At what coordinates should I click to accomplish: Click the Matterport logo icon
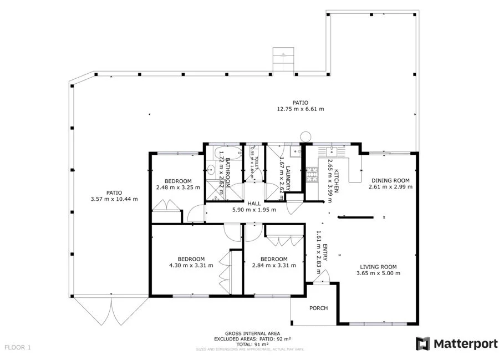[x=423, y=343]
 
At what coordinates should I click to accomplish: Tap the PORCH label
[x=318, y=308]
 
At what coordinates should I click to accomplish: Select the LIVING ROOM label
[x=379, y=266]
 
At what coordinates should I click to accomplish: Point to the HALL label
[x=254, y=204]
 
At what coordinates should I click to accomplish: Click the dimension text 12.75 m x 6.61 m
[x=301, y=109]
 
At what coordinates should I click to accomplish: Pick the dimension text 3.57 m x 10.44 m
[x=114, y=199]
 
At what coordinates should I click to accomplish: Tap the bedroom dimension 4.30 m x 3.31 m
[x=191, y=266]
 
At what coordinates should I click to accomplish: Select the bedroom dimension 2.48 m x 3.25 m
[x=178, y=187]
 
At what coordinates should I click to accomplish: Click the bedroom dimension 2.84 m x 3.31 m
[x=274, y=266]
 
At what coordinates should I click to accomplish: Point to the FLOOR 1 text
[x=18, y=347]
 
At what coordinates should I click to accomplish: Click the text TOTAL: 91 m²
[x=248, y=344]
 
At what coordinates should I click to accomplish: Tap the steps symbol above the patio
[x=282, y=59]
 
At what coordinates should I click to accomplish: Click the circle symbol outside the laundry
[x=305, y=136]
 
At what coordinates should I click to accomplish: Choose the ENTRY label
[x=325, y=252]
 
